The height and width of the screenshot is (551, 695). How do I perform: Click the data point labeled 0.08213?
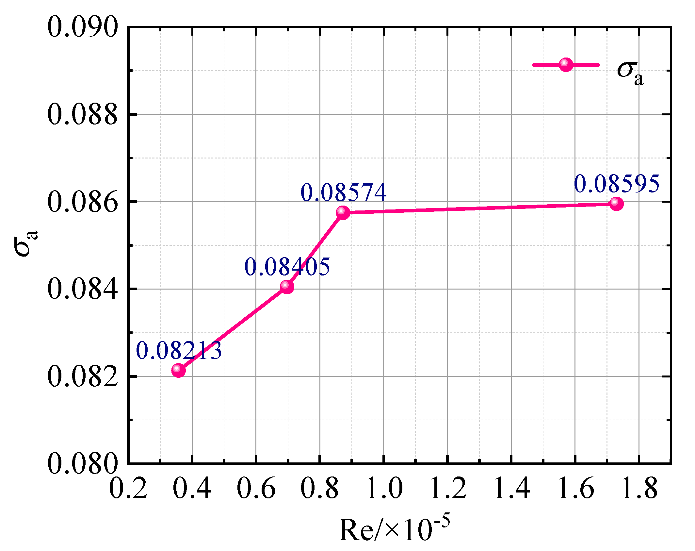(x=178, y=370)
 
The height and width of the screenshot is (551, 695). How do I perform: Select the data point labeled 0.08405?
(x=287, y=287)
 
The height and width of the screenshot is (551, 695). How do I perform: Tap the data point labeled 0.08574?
(x=343, y=212)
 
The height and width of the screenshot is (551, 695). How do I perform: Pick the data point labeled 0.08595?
(x=616, y=204)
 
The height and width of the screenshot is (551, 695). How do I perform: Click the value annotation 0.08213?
(x=179, y=351)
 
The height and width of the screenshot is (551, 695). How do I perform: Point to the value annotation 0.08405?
(x=287, y=267)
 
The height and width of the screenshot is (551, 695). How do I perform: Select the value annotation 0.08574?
(x=344, y=192)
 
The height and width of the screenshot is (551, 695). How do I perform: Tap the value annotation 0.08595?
(x=617, y=184)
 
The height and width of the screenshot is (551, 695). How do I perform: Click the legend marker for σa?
(x=566, y=65)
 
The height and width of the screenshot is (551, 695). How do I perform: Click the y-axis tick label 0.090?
(x=82, y=27)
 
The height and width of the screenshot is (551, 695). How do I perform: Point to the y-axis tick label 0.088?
(x=82, y=114)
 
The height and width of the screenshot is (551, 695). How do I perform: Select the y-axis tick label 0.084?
(x=82, y=289)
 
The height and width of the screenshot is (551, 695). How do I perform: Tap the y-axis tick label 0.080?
(x=82, y=464)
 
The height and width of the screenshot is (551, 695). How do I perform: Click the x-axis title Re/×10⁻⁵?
(x=394, y=529)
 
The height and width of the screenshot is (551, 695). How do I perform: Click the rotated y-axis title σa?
(x=26, y=243)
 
